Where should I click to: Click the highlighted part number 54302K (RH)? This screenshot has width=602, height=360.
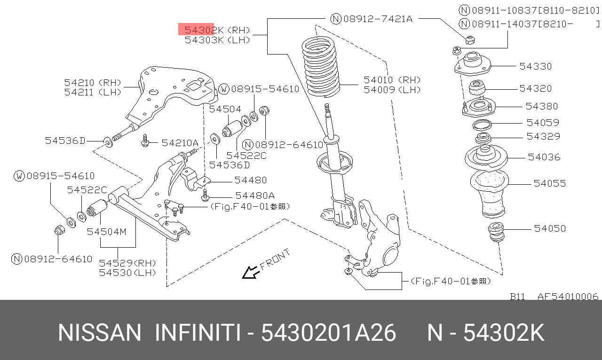click(217, 30)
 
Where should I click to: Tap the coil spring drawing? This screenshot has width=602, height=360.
click(321, 67)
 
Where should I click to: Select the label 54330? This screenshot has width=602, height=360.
click(535, 66)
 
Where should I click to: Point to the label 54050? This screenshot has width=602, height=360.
click(550, 228)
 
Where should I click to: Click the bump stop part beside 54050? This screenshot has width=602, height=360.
click(496, 232)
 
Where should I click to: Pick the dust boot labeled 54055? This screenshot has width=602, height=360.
click(490, 194)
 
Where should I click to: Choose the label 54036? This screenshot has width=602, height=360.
click(544, 157)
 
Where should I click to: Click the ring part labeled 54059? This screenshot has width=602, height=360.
click(482, 125)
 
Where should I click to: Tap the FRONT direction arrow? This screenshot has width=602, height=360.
click(251, 273)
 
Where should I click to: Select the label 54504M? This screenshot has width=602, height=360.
click(106, 232)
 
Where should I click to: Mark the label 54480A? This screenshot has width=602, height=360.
click(255, 196)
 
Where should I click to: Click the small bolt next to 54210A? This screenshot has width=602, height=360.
click(145, 141)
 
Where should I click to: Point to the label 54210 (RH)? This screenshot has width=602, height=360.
click(93, 82)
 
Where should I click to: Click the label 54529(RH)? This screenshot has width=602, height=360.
click(127, 263)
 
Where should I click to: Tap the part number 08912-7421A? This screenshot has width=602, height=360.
click(371, 19)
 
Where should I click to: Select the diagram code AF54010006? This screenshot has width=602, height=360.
click(568, 297)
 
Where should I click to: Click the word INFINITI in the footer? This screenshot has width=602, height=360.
click(198, 333)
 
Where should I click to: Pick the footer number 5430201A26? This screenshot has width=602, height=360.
click(328, 333)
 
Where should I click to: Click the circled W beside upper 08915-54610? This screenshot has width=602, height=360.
click(223, 89)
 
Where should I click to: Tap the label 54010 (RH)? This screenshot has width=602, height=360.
click(392, 80)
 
